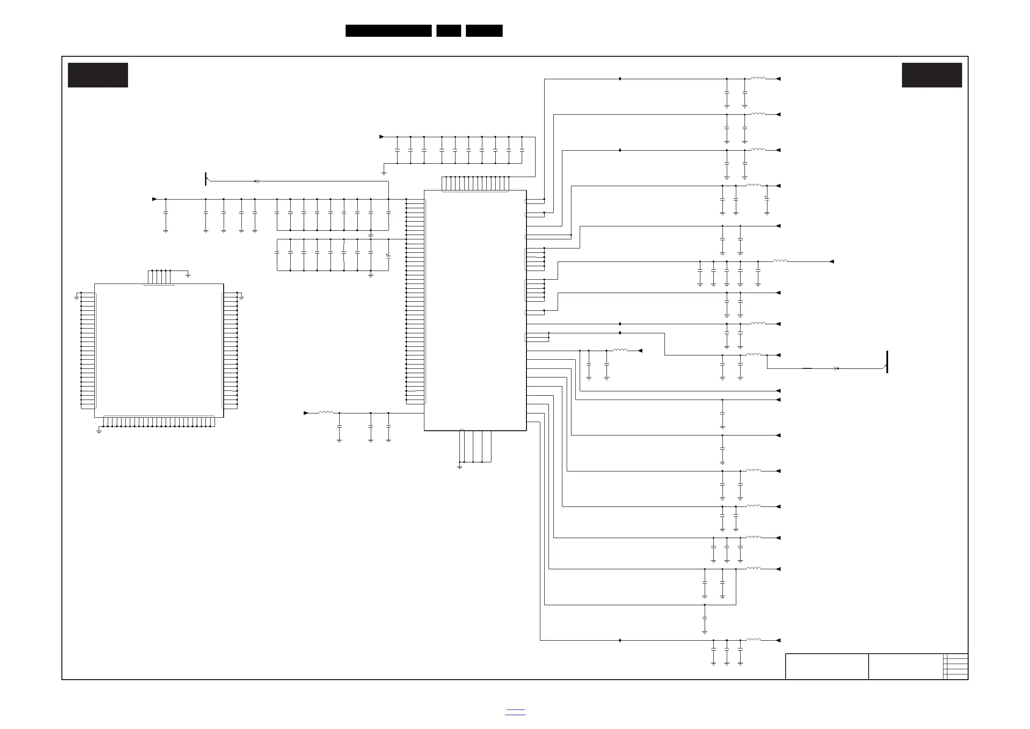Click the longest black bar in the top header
tap(388, 31)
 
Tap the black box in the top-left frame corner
tap(98, 75)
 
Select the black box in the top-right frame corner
tap(932, 75)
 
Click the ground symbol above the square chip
tap(188, 275)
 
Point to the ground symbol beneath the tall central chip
tap(459, 467)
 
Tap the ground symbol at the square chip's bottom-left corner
tap(99, 432)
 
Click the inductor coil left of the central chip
tap(326, 413)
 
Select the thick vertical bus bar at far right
tap(887, 362)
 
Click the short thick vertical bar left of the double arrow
tap(205, 179)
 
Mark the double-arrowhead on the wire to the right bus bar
tap(836, 368)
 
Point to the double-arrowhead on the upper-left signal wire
tap(257, 181)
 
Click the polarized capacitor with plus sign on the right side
tap(767, 198)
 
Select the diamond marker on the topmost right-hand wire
tap(620, 79)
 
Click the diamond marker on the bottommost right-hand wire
tap(620, 640)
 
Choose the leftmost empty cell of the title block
tap(827, 666)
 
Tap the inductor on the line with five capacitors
tap(780, 261)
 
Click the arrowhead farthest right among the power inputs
tap(832, 262)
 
